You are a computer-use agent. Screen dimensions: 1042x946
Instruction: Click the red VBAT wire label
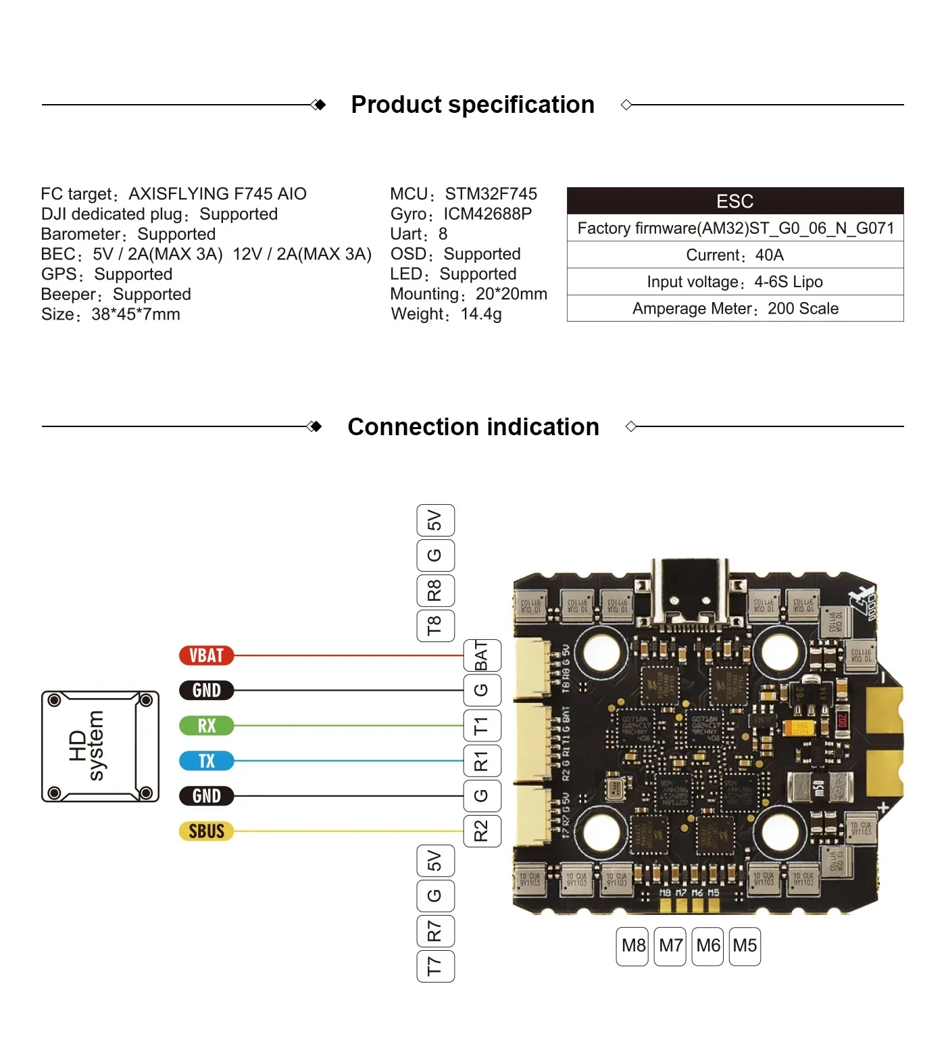coord(206,655)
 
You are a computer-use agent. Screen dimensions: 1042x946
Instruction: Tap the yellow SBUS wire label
coord(206,831)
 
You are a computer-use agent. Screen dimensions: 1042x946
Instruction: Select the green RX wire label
coord(206,726)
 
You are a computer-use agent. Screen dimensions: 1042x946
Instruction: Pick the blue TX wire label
coord(206,761)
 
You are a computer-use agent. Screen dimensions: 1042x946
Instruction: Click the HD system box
coord(100,746)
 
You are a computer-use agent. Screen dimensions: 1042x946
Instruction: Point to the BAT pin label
coord(482,655)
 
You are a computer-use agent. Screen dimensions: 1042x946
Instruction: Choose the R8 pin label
coord(435,591)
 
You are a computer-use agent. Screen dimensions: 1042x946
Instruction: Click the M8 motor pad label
coord(633,946)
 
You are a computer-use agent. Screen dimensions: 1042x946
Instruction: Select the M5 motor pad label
coord(745,946)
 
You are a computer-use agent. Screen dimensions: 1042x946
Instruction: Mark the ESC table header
coord(735,201)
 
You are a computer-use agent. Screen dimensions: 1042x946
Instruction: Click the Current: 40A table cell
coord(735,255)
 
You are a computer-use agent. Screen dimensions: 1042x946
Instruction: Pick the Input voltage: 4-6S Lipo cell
coord(735,282)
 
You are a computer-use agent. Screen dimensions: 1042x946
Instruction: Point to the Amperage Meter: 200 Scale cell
coord(735,309)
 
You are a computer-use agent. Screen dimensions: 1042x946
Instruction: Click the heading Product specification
coord(472,105)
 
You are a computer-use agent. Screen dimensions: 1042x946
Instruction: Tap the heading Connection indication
coord(473,427)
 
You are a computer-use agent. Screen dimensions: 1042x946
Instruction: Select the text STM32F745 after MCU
coord(491,194)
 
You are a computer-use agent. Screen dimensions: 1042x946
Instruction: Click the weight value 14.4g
coord(481,314)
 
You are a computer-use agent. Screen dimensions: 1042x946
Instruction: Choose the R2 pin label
coord(482,831)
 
